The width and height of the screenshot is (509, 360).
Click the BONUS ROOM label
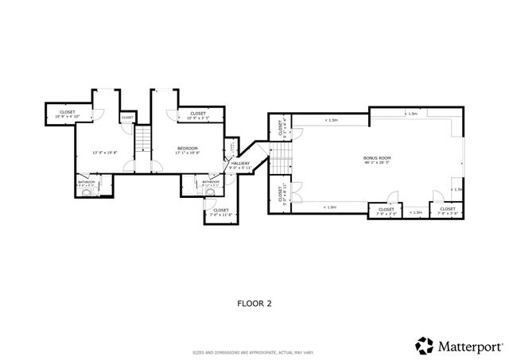point(377,158)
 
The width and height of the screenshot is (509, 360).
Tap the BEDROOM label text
point(188,149)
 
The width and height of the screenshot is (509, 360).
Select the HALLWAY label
point(240,163)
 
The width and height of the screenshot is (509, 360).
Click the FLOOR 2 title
point(254,303)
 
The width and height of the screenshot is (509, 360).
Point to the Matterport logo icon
point(423,346)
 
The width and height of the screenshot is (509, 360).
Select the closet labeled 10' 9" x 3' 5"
point(198,116)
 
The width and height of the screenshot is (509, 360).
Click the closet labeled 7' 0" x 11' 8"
point(221,212)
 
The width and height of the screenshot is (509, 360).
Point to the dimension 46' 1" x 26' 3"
point(377,164)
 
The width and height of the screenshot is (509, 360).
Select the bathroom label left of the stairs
point(87,183)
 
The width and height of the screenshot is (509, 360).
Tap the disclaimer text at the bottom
point(254,351)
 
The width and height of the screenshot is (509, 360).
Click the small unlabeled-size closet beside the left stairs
point(127,118)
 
